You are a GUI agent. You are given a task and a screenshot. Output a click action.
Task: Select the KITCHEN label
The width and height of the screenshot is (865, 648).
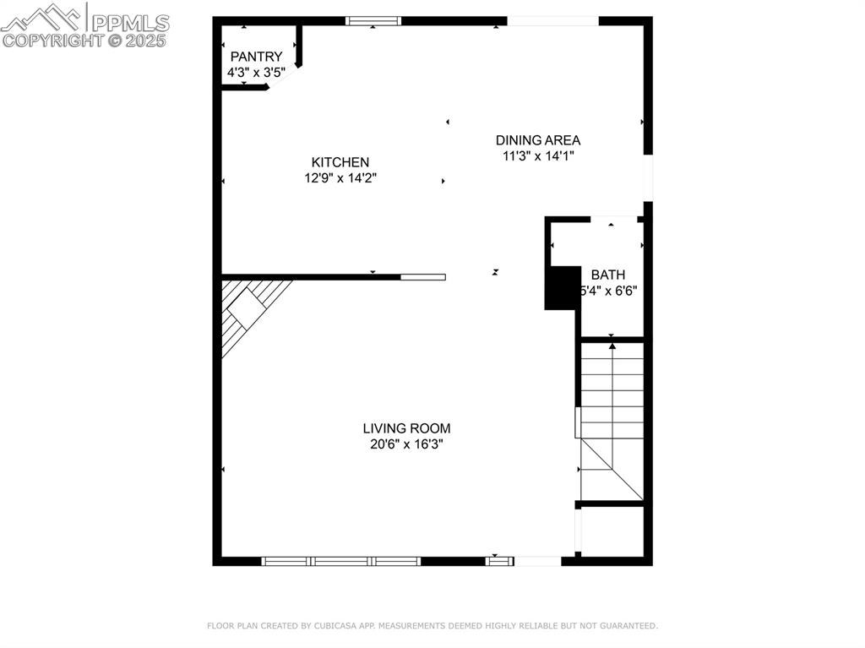click(x=340, y=162)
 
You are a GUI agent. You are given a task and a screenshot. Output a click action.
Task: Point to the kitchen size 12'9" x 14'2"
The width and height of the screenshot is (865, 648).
click(x=340, y=178)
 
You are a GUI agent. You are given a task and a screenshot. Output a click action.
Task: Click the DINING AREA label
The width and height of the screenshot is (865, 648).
click(x=538, y=140)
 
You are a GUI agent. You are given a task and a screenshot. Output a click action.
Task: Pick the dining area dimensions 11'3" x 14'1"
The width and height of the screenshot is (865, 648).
click(x=538, y=155)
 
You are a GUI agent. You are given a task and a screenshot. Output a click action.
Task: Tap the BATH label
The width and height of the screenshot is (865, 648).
click(x=608, y=275)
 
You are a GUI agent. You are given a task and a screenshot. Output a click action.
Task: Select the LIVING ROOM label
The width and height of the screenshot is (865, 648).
click(x=406, y=428)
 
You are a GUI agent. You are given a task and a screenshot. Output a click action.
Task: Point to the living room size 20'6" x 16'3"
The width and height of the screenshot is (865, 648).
click(x=406, y=444)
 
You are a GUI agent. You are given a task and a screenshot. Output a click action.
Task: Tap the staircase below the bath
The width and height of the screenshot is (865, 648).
click(x=612, y=422)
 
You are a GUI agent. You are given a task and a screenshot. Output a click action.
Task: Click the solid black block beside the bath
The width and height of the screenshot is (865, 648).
click(x=562, y=288)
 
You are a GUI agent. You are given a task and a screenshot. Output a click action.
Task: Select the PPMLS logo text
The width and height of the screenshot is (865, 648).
click(x=129, y=22)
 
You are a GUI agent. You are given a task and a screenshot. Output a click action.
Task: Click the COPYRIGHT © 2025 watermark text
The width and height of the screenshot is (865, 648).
click(x=84, y=40)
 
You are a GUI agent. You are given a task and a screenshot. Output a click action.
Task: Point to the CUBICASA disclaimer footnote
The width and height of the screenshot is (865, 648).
click(x=432, y=626)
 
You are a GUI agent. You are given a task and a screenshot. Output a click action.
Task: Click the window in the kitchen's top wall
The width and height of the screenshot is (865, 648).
click(x=373, y=21)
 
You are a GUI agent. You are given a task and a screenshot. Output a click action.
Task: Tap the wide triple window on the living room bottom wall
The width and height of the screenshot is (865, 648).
click(x=340, y=561)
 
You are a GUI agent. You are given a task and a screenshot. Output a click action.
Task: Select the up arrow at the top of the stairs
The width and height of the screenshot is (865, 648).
click(x=612, y=345)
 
